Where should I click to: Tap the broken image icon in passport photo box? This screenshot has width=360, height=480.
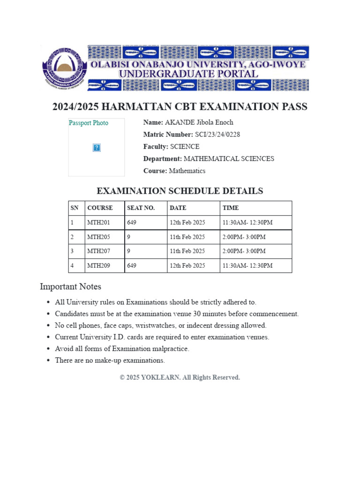(x=97, y=148)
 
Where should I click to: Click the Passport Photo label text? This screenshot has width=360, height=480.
(x=89, y=123)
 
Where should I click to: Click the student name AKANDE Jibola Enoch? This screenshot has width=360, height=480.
(x=199, y=122)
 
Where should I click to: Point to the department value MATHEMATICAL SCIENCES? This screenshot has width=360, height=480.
(x=229, y=159)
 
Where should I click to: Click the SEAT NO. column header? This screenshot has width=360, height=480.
(x=141, y=208)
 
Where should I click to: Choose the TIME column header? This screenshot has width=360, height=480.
(x=231, y=208)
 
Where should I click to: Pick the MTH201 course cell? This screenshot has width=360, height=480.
(x=98, y=223)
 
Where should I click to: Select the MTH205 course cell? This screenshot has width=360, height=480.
(x=98, y=237)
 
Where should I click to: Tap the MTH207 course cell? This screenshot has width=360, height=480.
(x=98, y=251)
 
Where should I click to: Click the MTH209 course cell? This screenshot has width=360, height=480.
(x=98, y=266)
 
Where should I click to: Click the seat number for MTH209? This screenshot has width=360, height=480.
(x=132, y=266)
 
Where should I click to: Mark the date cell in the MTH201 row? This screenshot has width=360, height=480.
(x=187, y=223)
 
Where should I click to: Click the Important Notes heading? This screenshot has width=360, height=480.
(x=70, y=286)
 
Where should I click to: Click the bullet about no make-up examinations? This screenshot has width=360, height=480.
(x=110, y=360)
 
